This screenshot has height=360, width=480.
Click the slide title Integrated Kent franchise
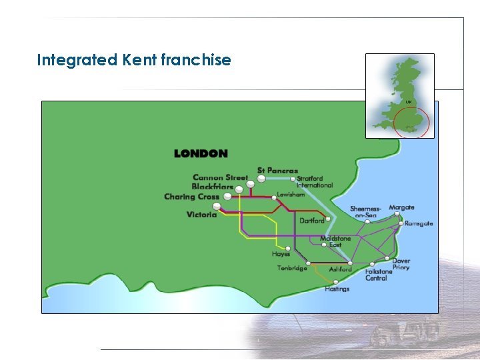(x=134, y=60)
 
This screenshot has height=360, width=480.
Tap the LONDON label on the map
(x=201, y=153)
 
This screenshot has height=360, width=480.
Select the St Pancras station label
(x=278, y=171)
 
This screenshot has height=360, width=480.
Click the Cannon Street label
(x=220, y=177)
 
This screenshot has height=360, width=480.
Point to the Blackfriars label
(x=213, y=187)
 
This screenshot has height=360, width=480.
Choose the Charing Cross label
(x=192, y=197)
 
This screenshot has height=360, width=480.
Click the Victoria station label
(x=202, y=215)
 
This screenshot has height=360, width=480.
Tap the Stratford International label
(x=314, y=181)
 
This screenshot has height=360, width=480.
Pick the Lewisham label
(x=291, y=195)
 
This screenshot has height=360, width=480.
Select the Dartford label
(x=312, y=220)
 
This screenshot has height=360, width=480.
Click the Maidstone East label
(x=335, y=241)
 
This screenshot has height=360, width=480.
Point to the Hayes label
(x=281, y=254)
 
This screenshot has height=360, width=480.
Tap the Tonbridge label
(x=292, y=269)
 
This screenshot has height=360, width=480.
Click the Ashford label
(x=340, y=269)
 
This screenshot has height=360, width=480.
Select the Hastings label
(x=337, y=289)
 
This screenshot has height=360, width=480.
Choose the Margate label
(x=401, y=208)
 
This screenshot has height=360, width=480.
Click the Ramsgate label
(x=419, y=223)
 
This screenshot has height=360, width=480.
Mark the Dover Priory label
(x=401, y=264)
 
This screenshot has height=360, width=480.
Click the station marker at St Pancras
(x=261, y=179)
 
